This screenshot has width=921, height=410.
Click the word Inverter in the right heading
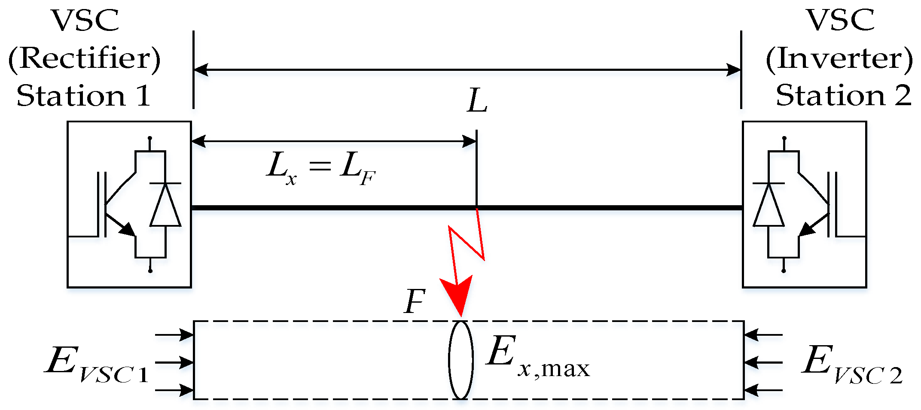coord(839,58)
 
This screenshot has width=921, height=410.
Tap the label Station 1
coord(83,95)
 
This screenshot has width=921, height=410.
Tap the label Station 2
coord(843,95)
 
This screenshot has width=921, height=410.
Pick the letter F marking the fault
coord(415,301)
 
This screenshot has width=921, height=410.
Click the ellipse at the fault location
coord(460,360)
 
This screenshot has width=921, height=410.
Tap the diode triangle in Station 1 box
coord(165,205)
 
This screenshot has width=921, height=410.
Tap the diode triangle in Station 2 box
coord(769,205)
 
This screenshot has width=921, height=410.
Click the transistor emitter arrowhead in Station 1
coord(128,229)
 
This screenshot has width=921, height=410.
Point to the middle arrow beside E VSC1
coord(174,362)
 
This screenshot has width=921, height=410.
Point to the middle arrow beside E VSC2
coord(763,362)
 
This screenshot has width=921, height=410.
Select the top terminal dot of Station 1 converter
coord(150,138)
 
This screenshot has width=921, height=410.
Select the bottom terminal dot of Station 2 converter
coord(784,271)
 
